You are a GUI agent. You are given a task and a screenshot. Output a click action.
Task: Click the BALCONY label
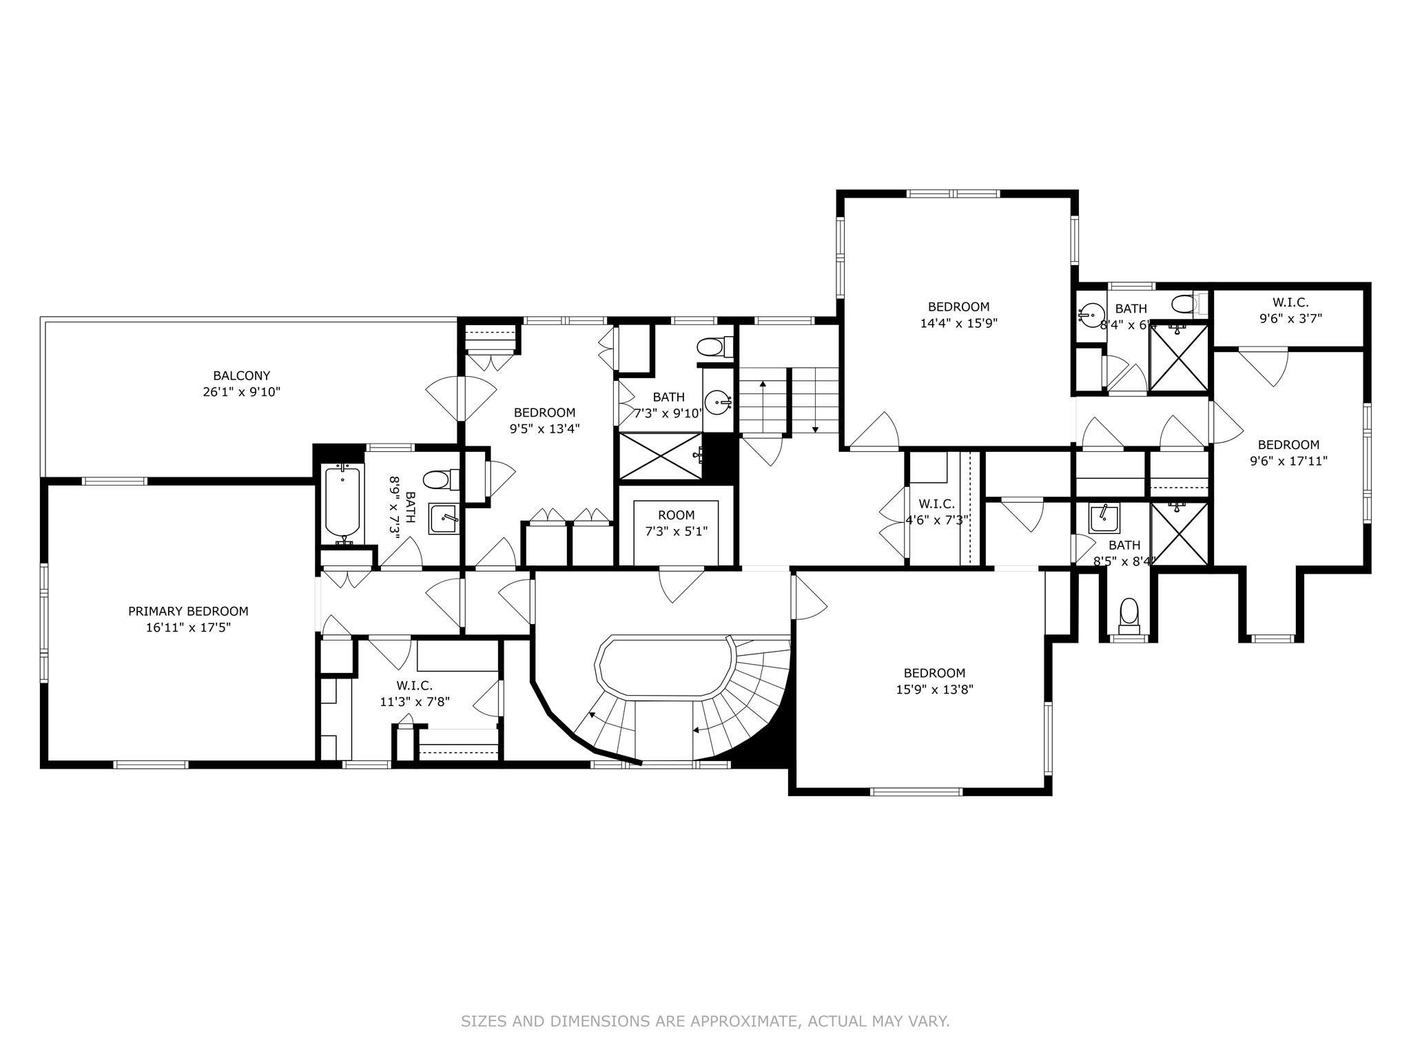tap(241, 376)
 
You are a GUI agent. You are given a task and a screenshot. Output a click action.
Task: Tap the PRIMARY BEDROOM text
tap(188, 611)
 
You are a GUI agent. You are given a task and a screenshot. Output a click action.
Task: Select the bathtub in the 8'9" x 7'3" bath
tap(342, 501)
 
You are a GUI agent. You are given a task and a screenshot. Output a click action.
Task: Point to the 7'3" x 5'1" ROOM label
tap(676, 515)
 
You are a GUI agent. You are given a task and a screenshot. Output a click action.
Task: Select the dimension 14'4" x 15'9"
tap(958, 322)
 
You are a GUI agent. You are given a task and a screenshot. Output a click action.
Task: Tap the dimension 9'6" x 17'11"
tap(1288, 461)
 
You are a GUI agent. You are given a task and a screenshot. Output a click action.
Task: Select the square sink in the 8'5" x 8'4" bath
tap(1104, 517)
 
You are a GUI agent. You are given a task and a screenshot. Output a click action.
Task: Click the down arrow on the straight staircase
tap(815, 428)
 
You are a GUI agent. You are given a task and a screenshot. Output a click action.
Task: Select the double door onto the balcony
tap(461, 400)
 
